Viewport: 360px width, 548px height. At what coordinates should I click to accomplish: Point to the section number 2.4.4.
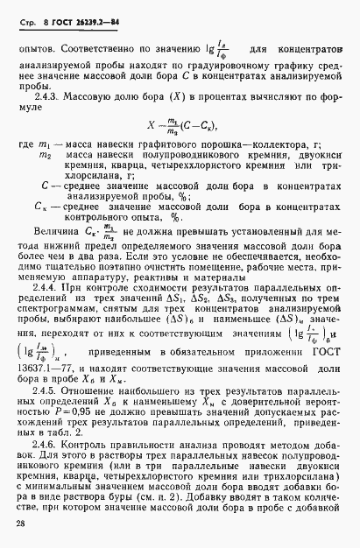(53, 287)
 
